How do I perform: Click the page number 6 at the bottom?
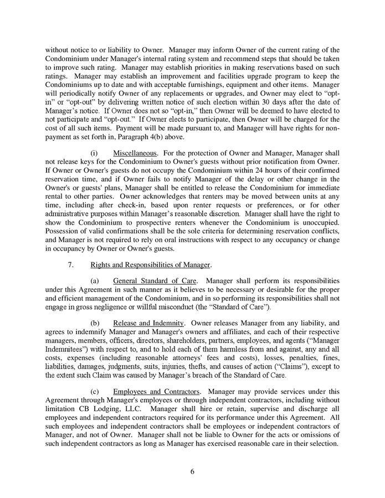(192, 472)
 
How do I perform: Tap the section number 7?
(71, 264)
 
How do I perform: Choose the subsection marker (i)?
(94, 152)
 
